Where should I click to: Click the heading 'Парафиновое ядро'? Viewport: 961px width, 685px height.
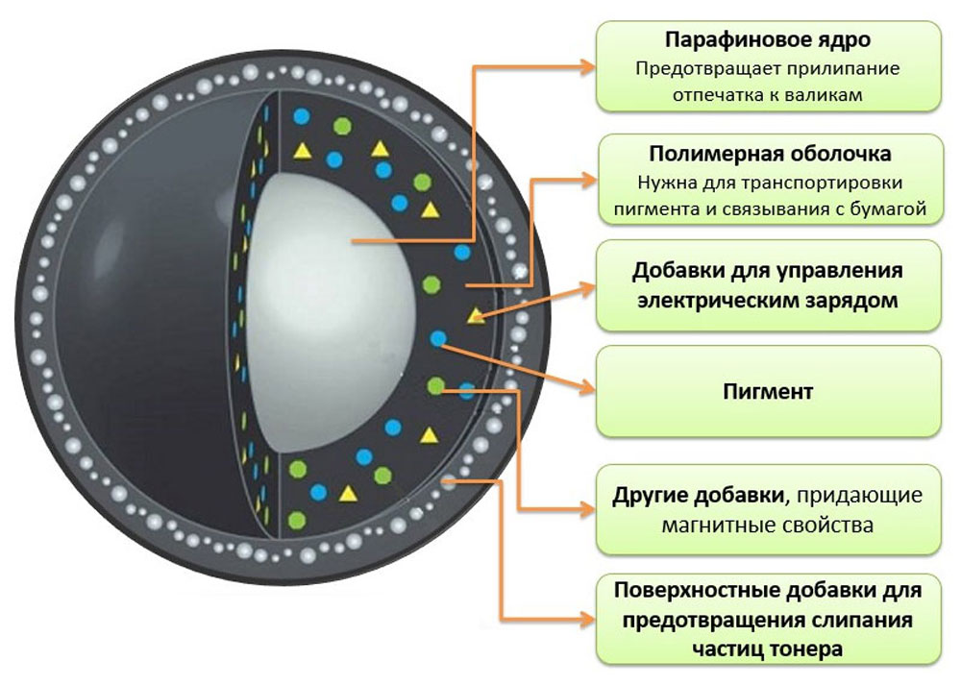(767, 39)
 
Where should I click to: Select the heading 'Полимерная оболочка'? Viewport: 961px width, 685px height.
(770, 153)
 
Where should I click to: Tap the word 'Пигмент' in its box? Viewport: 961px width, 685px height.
(768, 391)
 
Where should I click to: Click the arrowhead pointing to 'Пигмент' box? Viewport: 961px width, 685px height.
(586, 386)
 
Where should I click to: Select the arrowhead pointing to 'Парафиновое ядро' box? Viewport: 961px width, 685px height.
(587, 67)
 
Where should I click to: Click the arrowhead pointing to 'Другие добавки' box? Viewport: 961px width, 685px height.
(586, 508)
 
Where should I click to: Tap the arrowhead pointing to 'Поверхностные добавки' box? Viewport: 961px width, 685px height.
(586, 620)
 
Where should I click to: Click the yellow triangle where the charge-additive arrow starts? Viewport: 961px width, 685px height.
(476, 315)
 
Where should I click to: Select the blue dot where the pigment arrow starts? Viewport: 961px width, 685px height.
(438, 338)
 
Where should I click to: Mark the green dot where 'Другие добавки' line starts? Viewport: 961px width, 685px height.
(435, 386)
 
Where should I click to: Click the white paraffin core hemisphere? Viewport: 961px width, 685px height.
(331, 312)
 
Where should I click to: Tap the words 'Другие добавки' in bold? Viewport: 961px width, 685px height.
(696, 495)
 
